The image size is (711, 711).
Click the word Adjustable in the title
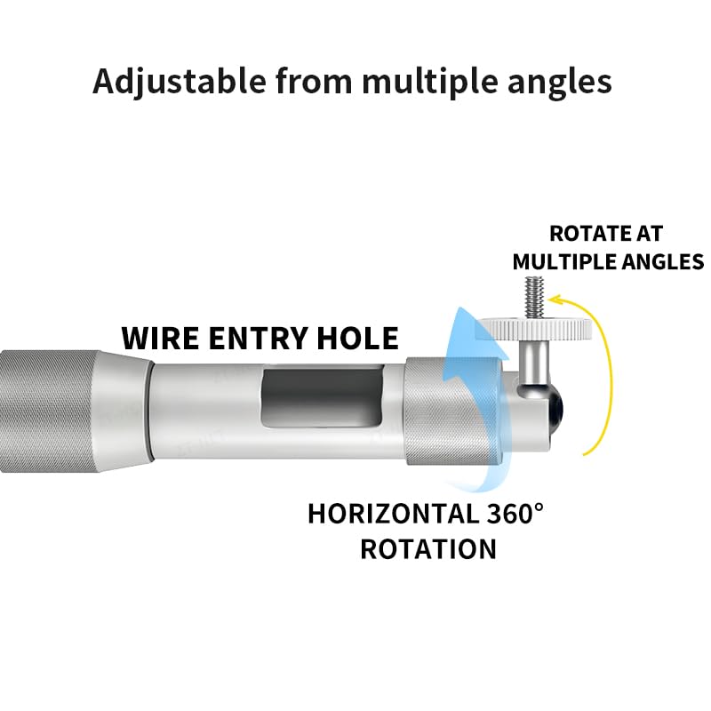pyautogui.click(x=180, y=82)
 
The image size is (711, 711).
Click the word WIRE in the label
pyautogui.click(x=160, y=339)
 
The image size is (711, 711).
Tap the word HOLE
pyautogui.click(x=358, y=339)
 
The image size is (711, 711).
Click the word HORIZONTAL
pyautogui.click(x=394, y=514)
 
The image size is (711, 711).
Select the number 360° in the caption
pyautogui.click(x=515, y=514)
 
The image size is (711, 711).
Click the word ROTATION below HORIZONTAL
pyautogui.click(x=428, y=549)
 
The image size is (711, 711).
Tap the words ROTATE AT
pyautogui.click(x=606, y=234)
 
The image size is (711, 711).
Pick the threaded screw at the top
pyautogui.click(x=534, y=298)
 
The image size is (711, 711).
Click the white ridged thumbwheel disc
pyautogui.click(x=534, y=329)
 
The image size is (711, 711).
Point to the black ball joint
pyautogui.click(x=555, y=408)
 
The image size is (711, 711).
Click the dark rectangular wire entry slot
pyautogui.click(x=323, y=395)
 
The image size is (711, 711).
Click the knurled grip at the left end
pyautogui.click(x=50, y=411)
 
